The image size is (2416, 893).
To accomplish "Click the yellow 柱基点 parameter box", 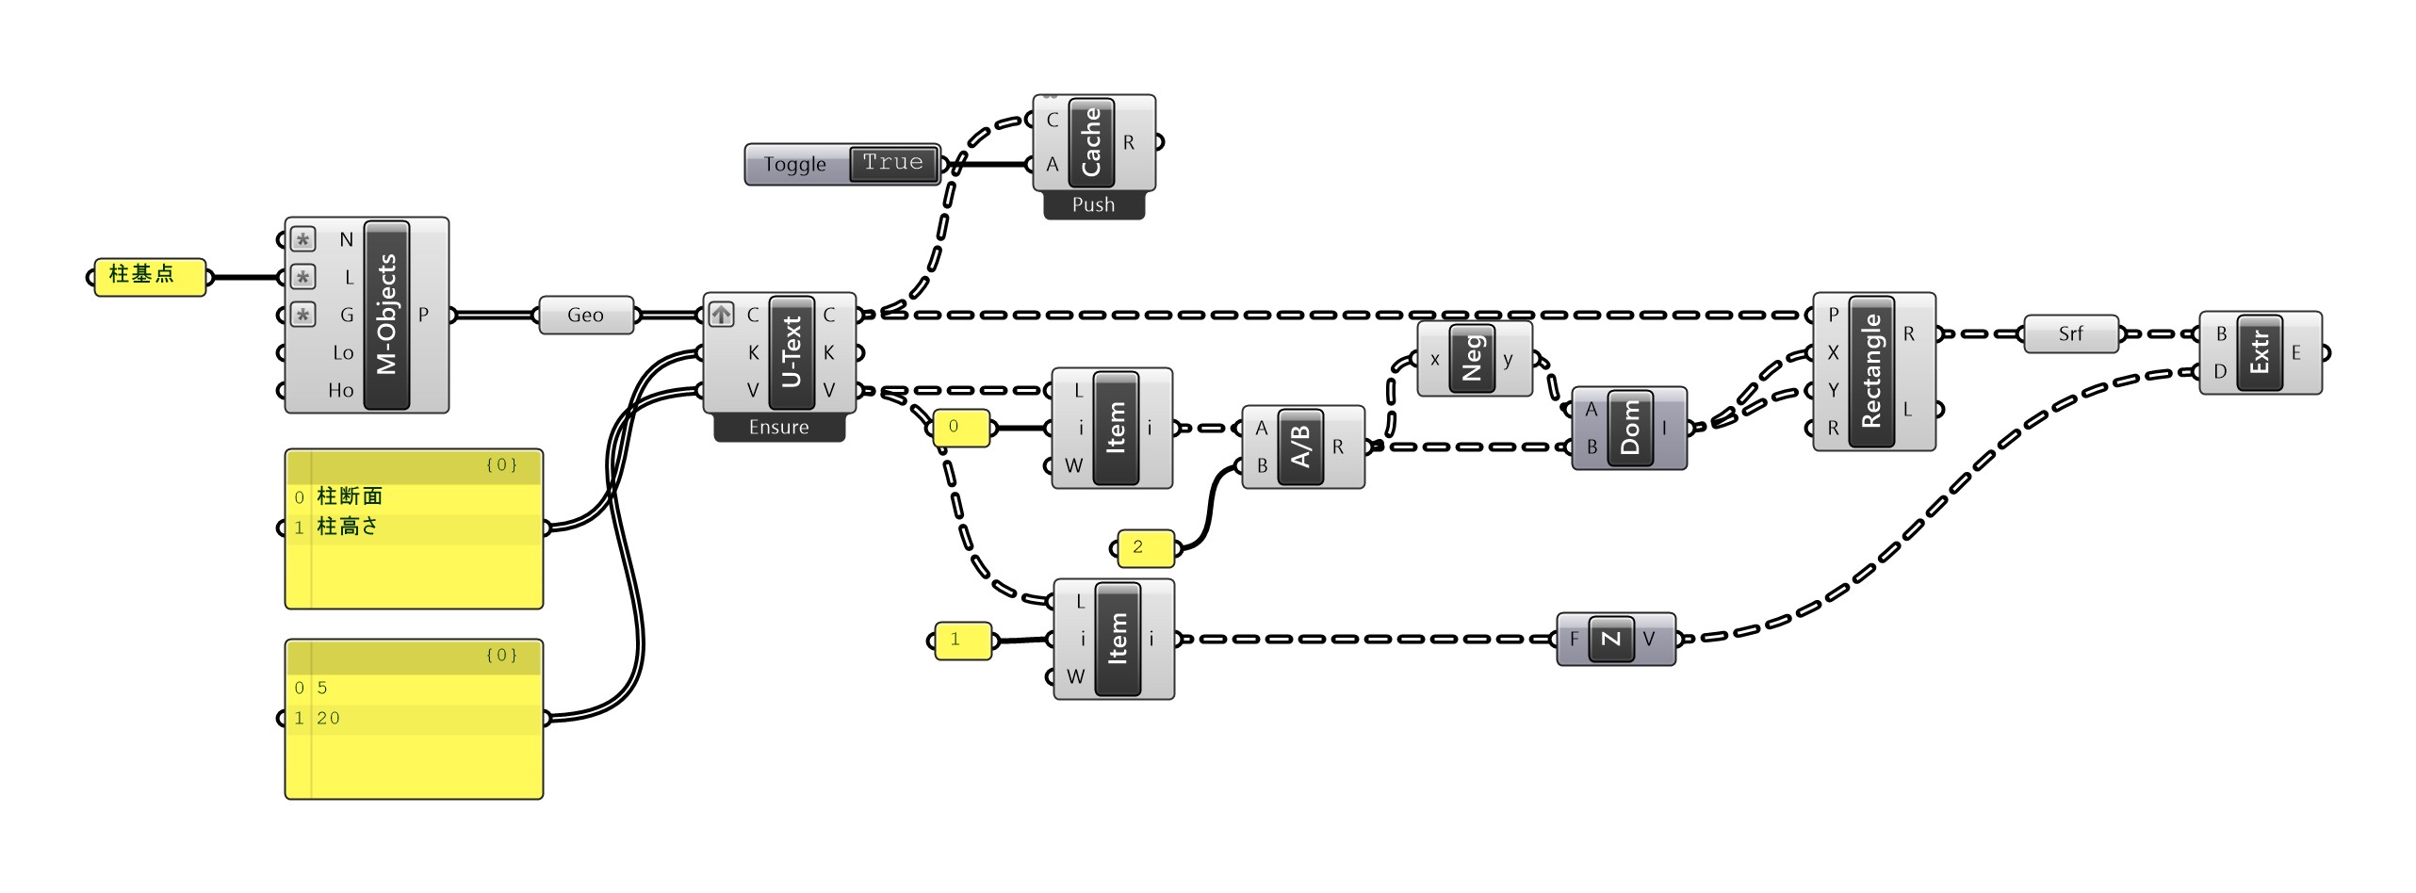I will click(x=149, y=276).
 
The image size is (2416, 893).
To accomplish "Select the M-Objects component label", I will click(x=387, y=315).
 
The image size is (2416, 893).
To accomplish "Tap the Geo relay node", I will click(x=585, y=316).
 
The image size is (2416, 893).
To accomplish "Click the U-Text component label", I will click(x=792, y=351).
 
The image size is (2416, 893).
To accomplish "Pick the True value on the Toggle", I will click(x=892, y=163).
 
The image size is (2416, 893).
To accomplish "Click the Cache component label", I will click(x=1091, y=142).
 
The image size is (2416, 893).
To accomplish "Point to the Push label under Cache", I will click(x=1093, y=205).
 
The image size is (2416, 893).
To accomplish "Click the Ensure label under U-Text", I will click(x=778, y=428).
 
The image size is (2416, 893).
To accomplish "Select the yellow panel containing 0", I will click(x=960, y=428).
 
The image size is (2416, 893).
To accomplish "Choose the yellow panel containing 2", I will click(x=1145, y=547).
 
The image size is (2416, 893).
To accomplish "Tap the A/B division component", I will click(x=1301, y=446).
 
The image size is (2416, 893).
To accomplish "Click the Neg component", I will click(x=1472, y=359).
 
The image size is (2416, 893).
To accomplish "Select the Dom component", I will click(x=1630, y=428).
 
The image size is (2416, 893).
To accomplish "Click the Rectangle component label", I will click(x=1871, y=370).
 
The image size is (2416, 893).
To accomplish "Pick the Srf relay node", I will click(x=2070, y=334).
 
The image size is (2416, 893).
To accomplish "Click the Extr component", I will click(x=2259, y=352).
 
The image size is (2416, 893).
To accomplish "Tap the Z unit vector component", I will click(x=1611, y=639).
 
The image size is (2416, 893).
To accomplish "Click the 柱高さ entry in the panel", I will click(x=348, y=528).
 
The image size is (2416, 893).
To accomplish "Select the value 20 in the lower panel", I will click(x=328, y=719).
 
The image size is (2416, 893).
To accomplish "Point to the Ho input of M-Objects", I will click(x=341, y=390).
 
